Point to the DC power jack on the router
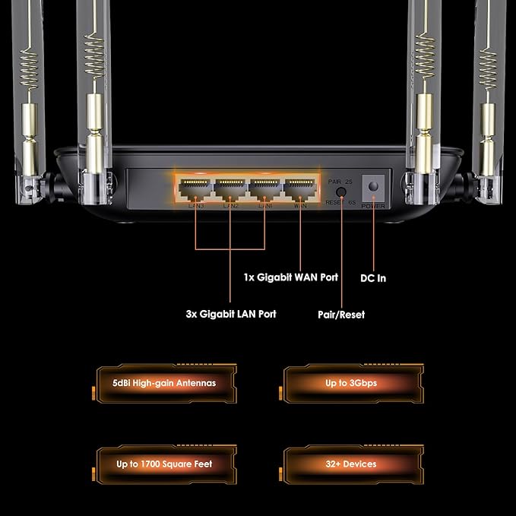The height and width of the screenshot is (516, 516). (373, 186)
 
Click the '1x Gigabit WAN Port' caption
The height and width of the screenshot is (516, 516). (290, 277)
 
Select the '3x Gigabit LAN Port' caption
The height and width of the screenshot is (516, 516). (231, 314)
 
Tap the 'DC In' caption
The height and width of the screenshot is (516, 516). (373, 278)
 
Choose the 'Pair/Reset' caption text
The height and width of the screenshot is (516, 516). (340, 314)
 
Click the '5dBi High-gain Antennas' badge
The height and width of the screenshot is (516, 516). (163, 383)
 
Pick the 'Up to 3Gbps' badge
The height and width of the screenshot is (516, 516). (350, 383)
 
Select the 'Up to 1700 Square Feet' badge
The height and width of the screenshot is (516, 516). (163, 464)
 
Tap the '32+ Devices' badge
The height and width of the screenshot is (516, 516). (350, 464)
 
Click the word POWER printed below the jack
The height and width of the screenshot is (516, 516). (373, 205)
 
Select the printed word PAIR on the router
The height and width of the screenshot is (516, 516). (334, 182)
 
